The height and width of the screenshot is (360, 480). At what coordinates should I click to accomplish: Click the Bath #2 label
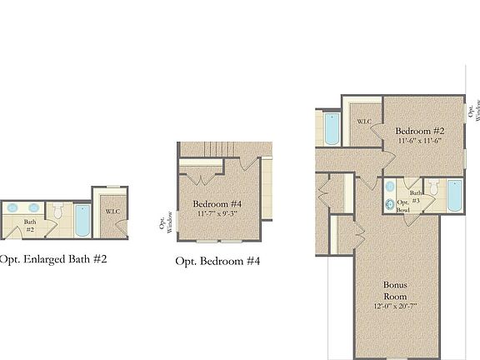click(28, 225)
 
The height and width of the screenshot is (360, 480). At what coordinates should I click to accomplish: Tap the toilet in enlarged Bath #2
click(57, 212)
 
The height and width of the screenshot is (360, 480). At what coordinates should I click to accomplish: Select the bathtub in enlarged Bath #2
click(82, 220)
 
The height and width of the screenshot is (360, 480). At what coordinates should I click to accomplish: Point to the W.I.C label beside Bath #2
click(112, 212)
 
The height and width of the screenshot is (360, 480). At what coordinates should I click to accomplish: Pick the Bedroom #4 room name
click(217, 204)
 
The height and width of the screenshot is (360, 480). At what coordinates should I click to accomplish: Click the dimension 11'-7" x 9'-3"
click(217, 214)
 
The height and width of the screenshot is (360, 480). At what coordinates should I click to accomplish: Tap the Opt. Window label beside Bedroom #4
click(164, 225)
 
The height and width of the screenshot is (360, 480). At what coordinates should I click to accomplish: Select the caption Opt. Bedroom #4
click(218, 261)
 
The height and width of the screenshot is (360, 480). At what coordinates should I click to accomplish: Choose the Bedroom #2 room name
click(418, 131)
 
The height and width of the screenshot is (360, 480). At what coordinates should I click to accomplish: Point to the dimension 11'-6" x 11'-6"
click(418, 141)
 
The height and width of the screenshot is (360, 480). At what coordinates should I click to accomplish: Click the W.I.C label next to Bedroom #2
click(364, 122)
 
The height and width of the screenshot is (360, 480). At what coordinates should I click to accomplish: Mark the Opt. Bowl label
click(402, 207)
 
